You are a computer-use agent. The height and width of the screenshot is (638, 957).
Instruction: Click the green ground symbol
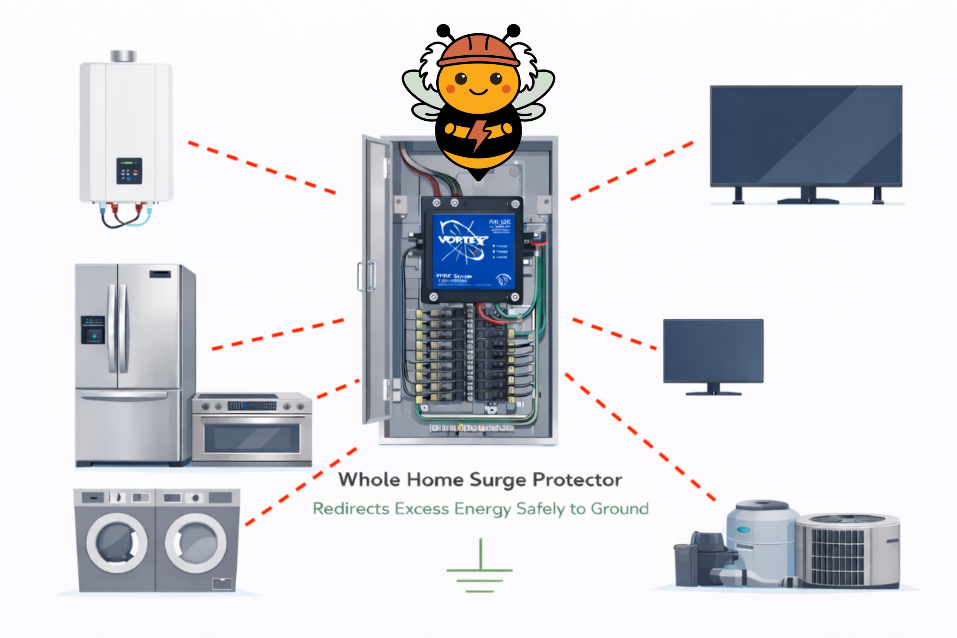click(x=480, y=570)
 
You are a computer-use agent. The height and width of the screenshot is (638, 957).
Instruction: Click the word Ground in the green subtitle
click(x=619, y=509)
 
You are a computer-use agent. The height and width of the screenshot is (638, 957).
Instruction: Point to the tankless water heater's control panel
click(x=129, y=171)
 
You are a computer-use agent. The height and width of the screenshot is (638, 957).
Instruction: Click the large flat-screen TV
click(x=806, y=136)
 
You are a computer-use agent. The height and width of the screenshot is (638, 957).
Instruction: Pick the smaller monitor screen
click(x=713, y=351)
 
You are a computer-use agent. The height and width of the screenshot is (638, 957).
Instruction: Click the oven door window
click(x=252, y=439)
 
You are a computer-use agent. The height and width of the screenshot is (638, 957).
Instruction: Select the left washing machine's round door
click(x=117, y=543)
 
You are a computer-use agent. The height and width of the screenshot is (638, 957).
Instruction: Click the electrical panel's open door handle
click(x=371, y=277)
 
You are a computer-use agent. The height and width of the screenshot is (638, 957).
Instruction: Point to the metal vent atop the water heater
click(x=123, y=56)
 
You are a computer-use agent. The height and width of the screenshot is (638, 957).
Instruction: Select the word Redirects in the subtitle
click(x=351, y=509)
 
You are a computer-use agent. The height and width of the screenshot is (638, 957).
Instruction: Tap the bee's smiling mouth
click(x=478, y=92)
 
